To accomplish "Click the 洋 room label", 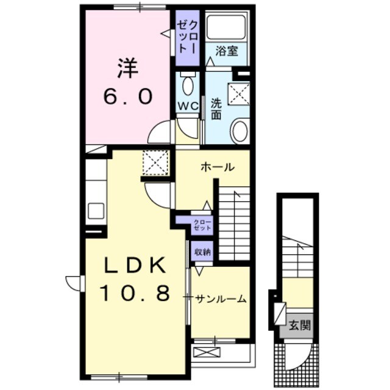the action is (x=127, y=68).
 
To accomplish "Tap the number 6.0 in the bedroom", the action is (x=127, y=97).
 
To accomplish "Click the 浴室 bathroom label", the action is (x=227, y=51).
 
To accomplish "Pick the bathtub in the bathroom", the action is (x=226, y=27).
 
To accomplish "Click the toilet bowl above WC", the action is (x=188, y=85).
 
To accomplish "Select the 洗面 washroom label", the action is (x=216, y=109).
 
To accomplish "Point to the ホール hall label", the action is (x=218, y=167).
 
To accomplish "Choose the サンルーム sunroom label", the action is (x=221, y=299).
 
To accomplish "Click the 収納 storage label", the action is (x=202, y=252).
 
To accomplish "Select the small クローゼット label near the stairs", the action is (x=202, y=225).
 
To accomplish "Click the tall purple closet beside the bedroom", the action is (x=188, y=38).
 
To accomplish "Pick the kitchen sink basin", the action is (x=96, y=211).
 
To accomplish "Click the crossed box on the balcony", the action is (x=207, y=352).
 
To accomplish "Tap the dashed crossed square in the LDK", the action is (x=156, y=163).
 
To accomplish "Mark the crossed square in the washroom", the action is (x=239, y=93).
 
